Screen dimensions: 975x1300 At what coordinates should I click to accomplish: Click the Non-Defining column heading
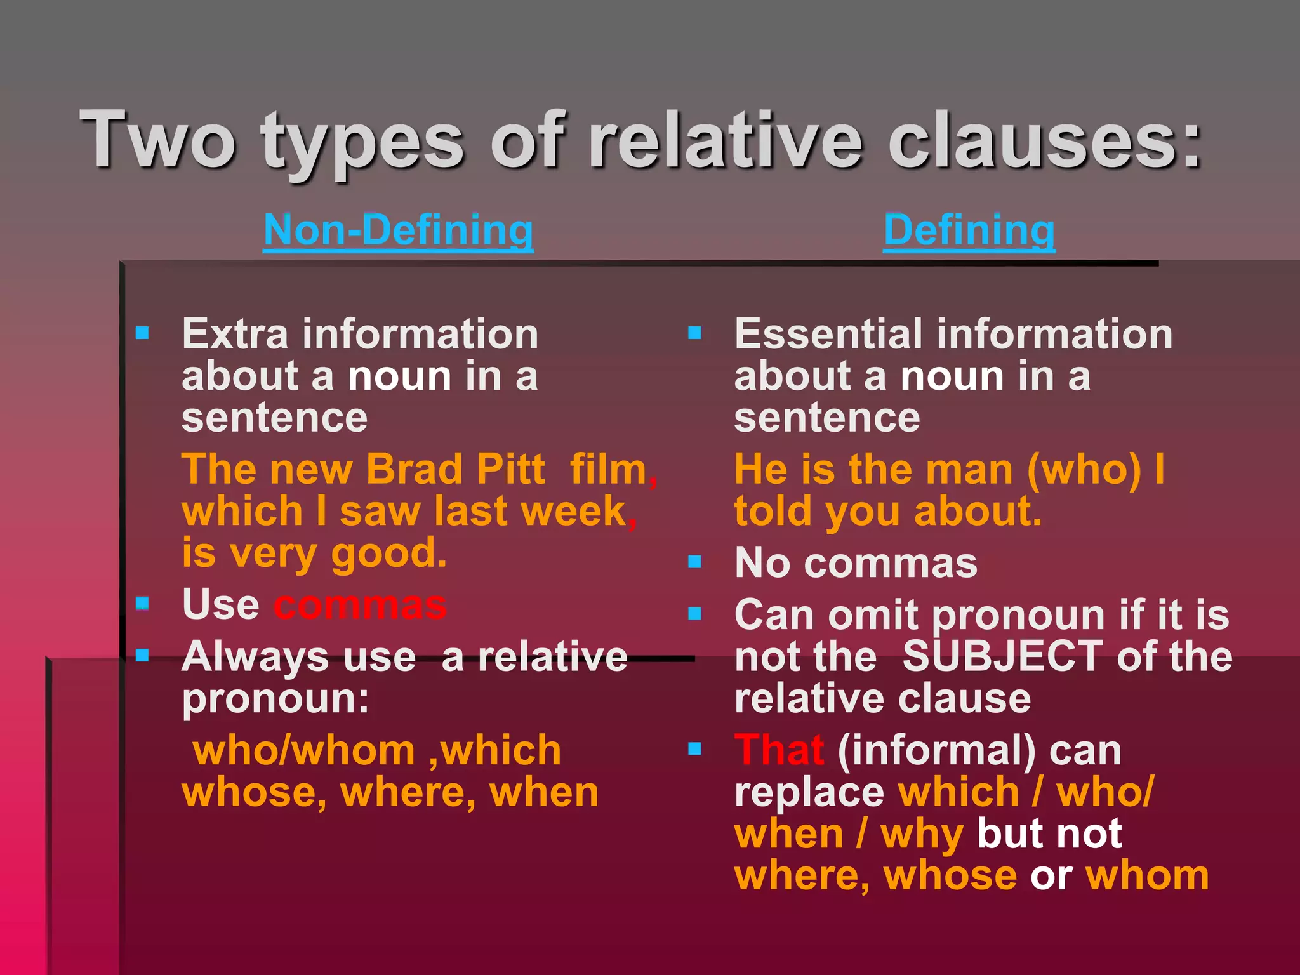tap(398, 230)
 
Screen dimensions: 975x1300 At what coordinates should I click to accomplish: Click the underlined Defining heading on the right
tap(969, 230)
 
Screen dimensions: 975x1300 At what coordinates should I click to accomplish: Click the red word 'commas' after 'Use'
tap(360, 606)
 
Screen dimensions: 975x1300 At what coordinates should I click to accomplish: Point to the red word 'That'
tap(779, 750)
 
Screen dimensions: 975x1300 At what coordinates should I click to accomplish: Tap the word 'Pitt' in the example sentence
tap(510, 470)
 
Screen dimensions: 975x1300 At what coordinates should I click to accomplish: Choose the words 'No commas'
tap(856, 563)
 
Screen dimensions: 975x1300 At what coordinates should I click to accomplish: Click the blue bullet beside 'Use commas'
tap(142, 602)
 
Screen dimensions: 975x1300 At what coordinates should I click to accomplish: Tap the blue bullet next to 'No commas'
tap(695, 562)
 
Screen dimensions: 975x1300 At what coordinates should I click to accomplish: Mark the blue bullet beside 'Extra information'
tap(142, 333)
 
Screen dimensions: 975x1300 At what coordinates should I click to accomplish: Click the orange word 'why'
tap(922, 834)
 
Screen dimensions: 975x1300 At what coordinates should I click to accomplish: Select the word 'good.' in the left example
tap(389, 554)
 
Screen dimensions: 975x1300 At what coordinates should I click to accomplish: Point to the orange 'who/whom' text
tap(304, 751)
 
